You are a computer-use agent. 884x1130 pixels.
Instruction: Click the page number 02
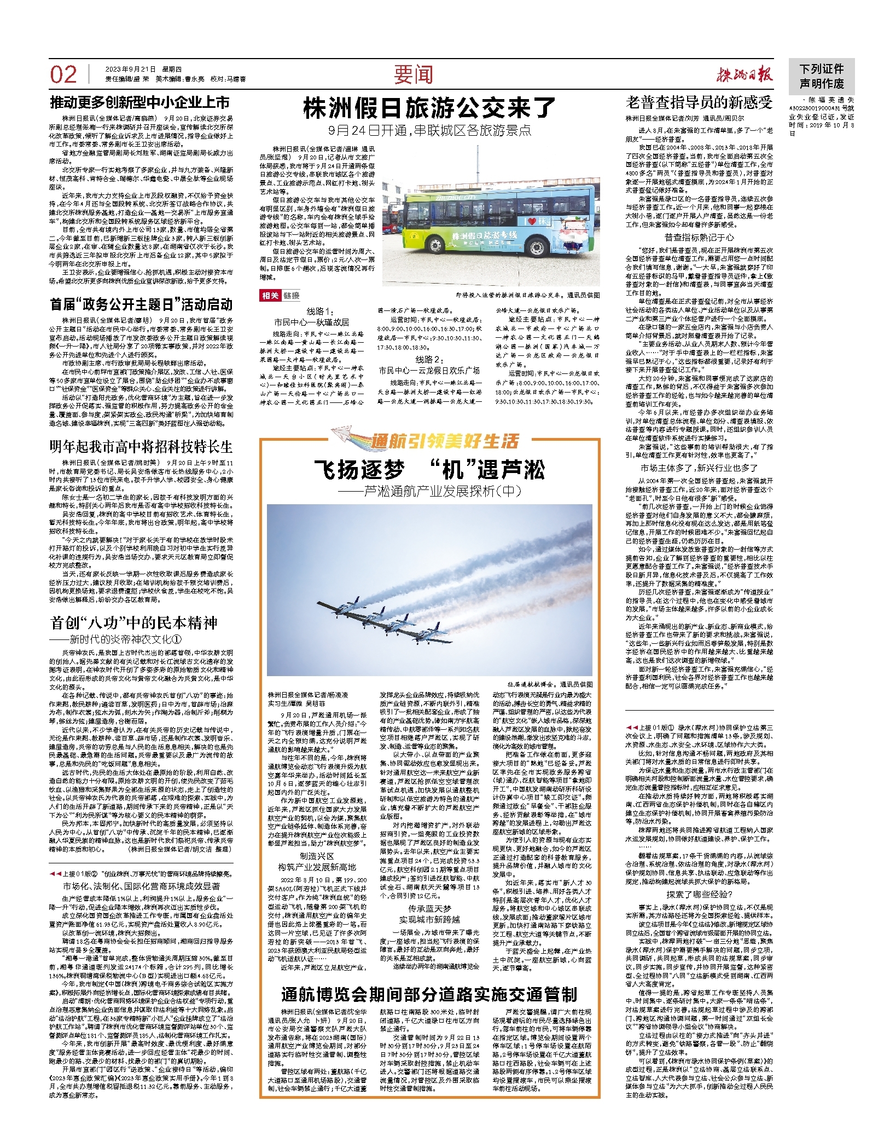(x=63, y=74)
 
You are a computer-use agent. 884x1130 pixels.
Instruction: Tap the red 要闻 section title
(x=413, y=75)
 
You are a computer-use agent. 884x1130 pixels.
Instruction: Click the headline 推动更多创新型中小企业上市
(x=140, y=102)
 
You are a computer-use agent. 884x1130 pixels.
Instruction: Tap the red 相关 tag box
(x=270, y=296)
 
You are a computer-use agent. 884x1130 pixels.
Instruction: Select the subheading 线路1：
(x=319, y=311)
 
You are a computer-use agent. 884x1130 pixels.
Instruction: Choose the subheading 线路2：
(x=429, y=359)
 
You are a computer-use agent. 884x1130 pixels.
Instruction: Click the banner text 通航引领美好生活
(x=444, y=441)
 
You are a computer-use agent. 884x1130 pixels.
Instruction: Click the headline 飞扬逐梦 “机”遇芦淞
(x=429, y=470)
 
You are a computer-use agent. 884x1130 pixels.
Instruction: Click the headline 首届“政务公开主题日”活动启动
(x=141, y=304)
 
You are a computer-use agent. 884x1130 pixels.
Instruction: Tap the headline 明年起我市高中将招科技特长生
(x=141, y=447)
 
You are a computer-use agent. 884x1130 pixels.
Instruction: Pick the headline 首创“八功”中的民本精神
(x=134, y=622)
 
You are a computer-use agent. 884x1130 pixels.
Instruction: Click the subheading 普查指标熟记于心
(x=699, y=237)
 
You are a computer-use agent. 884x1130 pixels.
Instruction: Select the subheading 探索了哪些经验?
(x=699, y=895)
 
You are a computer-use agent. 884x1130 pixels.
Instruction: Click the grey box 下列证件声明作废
(x=822, y=76)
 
